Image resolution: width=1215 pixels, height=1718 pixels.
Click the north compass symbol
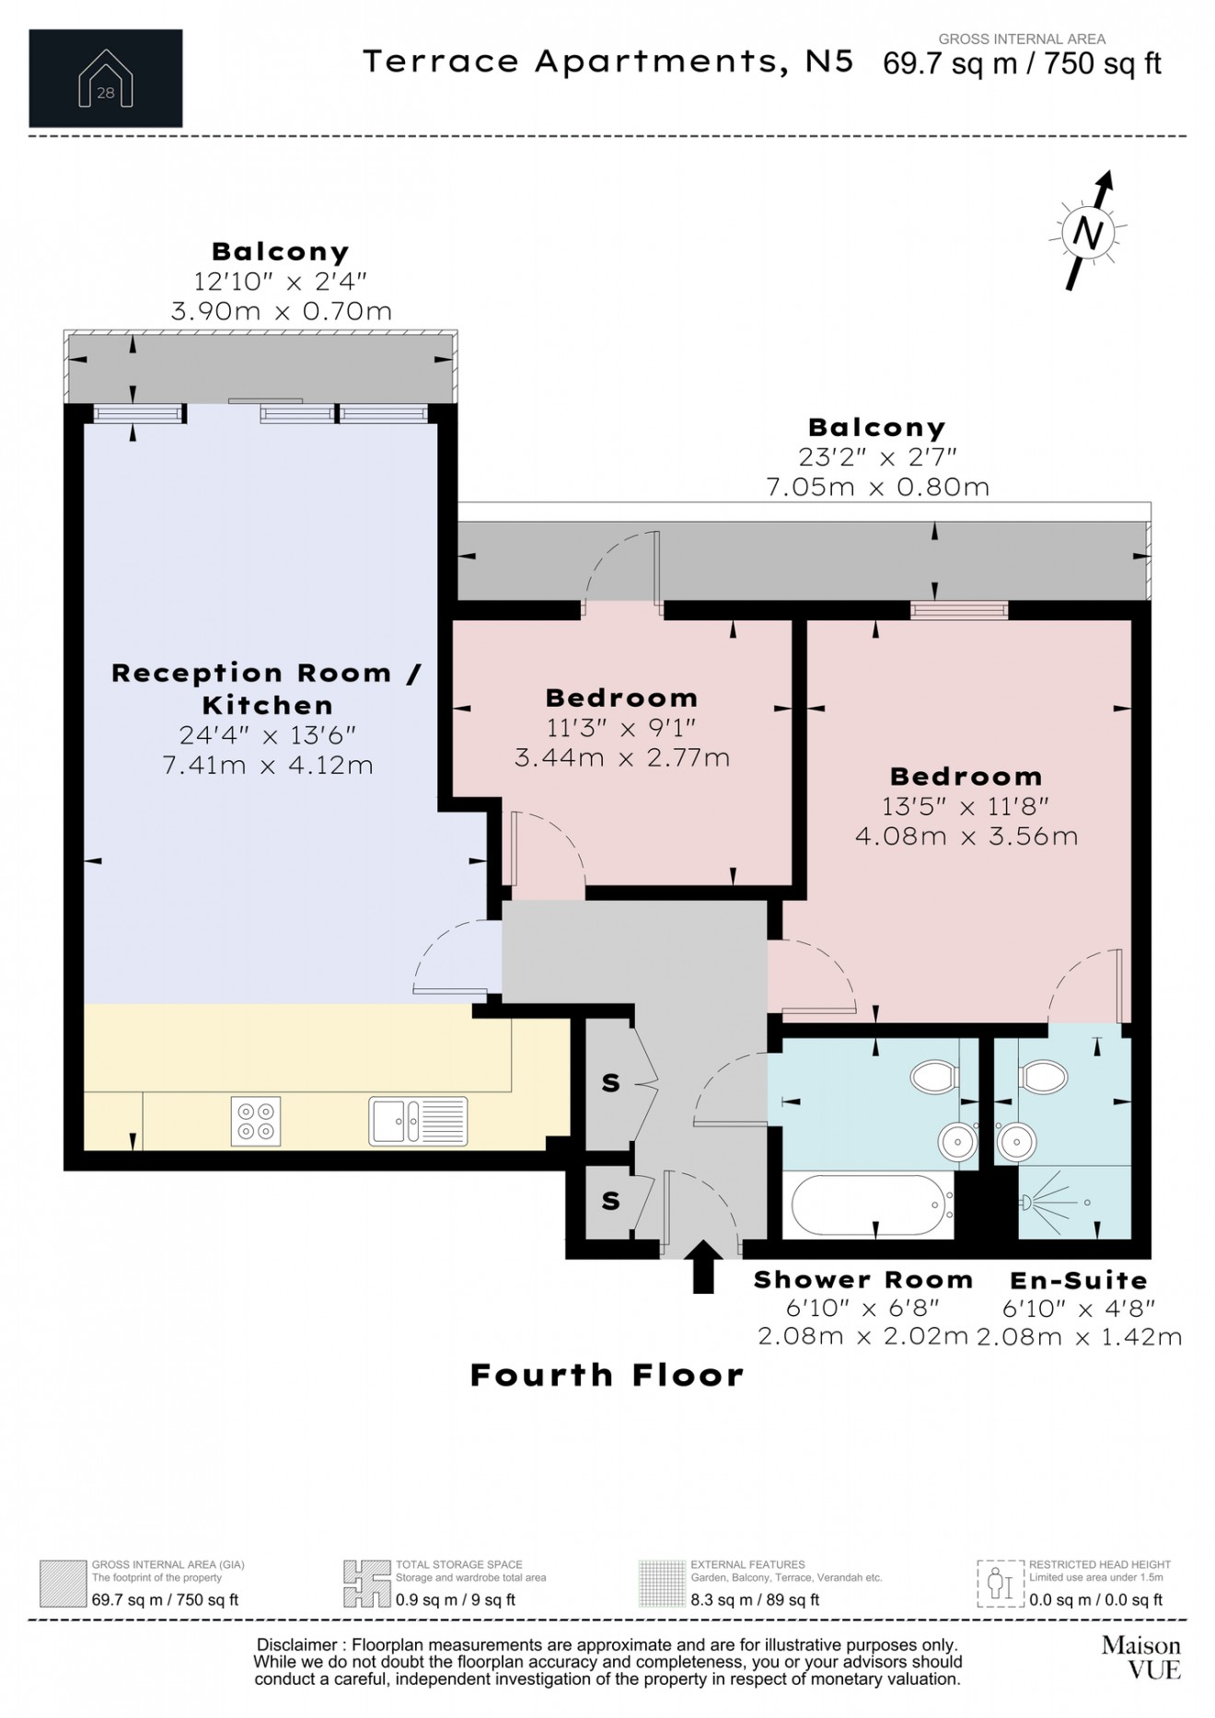pos(1089,232)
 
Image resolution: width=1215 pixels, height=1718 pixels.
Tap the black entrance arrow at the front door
pos(703,1267)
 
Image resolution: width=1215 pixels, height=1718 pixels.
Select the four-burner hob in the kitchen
pos(256,1121)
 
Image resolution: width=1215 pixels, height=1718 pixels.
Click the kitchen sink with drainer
pos(418,1121)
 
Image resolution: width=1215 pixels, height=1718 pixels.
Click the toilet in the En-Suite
pos(1043,1075)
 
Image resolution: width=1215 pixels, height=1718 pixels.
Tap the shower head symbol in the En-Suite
pos(1026,1202)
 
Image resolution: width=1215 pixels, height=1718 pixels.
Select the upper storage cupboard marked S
pos(610,1083)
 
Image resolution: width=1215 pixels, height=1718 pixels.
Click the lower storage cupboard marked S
pos(610,1200)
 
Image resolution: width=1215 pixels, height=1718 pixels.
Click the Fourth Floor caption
pos(607,1375)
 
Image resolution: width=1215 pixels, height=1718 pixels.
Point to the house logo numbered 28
pos(106,78)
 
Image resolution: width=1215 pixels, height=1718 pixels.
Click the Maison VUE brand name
pos(1140,1656)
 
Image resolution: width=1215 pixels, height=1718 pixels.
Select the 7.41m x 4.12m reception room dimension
pos(268,766)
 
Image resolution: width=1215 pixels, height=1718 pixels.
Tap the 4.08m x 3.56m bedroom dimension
pos(966,836)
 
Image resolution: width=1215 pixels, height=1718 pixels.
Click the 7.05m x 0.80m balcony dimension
pos(877,487)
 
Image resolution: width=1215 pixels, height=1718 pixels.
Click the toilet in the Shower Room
pos(935,1075)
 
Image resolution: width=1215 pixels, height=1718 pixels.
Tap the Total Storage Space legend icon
pos(366,1583)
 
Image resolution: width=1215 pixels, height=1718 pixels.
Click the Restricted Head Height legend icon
pos(1000,1583)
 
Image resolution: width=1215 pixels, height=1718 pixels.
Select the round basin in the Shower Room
pos(957,1143)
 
